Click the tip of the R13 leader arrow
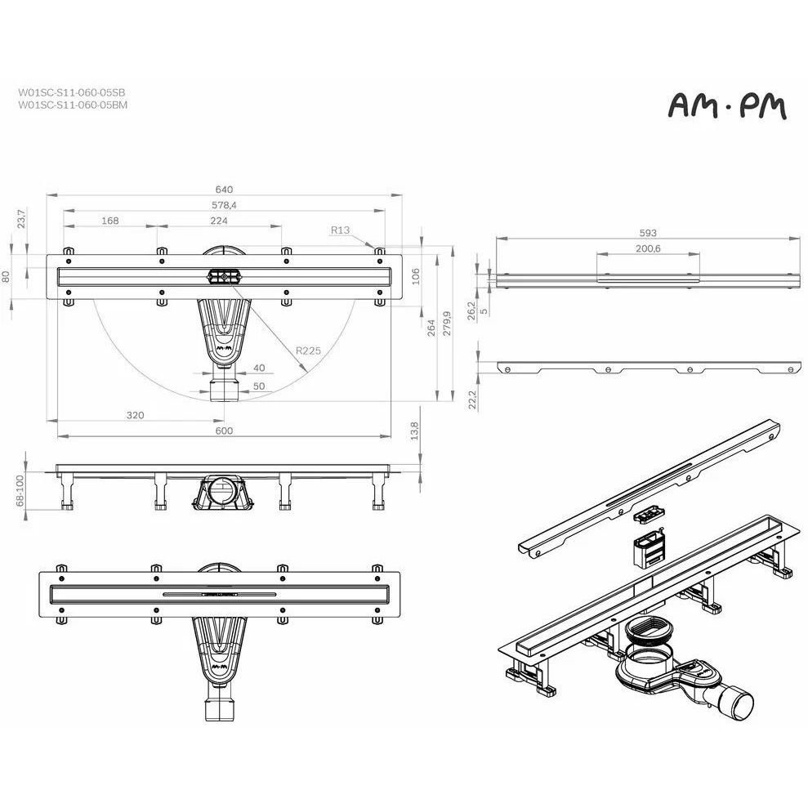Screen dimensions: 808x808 pyautogui.click(x=375, y=249)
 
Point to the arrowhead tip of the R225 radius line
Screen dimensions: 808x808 pyautogui.click(x=306, y=372)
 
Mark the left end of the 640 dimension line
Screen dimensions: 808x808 pyautogui.click(x=47, y=195)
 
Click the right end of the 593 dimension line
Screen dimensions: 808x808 pyautogui.click(x=801, y=238)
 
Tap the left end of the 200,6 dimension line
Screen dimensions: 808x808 pyautogui.click(x=596, y=253)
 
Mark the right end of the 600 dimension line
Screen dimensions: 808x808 pyautogui.click(x=391, y=436)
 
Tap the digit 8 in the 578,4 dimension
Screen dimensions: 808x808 pyautogui.click(x=224, y=205)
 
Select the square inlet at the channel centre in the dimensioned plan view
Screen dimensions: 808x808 pyautogui.click(x=224, y=277)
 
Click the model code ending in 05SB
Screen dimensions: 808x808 pyautogui.click(x=72, y=93)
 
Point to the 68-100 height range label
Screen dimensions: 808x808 pyautogui.click(x=20, y=490)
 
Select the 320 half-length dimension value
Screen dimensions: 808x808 pyautogui.click(x=136, y=415)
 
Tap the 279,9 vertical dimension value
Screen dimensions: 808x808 pyautogui.click(x=447, y=323)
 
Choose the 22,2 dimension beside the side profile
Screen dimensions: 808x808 pyautogui.click(x=472, y=400)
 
